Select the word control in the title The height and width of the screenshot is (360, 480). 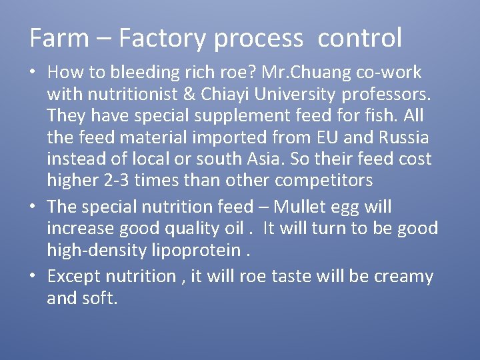coord(360,38)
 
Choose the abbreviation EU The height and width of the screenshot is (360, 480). coord(320,137)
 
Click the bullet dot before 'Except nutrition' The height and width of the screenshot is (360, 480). coord(33,276)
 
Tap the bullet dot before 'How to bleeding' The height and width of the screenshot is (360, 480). coord(33,72)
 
